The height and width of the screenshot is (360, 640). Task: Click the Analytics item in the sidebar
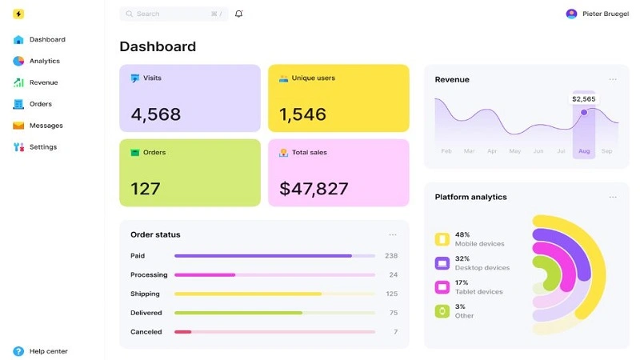(44, 61)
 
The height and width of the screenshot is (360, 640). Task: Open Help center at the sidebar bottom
(48, 351)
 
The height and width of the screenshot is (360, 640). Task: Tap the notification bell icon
(238, 14)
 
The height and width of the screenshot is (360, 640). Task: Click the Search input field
(172, 14)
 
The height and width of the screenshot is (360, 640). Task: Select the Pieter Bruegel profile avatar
(571, 14)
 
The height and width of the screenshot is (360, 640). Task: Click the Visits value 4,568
(156, 114)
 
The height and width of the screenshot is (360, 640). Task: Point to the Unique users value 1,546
(302, 114)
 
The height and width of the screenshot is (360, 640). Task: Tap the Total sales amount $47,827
(314, 189)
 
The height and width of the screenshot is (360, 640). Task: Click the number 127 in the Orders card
(146, 189)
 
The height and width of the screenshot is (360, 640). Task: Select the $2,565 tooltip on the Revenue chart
(583, 99)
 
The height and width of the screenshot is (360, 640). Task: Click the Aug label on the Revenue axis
(583, 151)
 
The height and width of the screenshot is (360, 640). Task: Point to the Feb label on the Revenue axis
(446, 151)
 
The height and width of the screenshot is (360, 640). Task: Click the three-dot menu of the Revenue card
(613, 79)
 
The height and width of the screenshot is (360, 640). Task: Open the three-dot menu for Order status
(393, 234)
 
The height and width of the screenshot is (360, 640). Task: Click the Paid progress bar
(274, 256)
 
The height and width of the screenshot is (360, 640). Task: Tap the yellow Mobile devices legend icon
(442, 239)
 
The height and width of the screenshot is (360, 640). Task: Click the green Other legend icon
(442, 311)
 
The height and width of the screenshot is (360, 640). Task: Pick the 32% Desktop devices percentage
(462, 258)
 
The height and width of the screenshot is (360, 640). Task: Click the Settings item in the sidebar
(42, 147)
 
